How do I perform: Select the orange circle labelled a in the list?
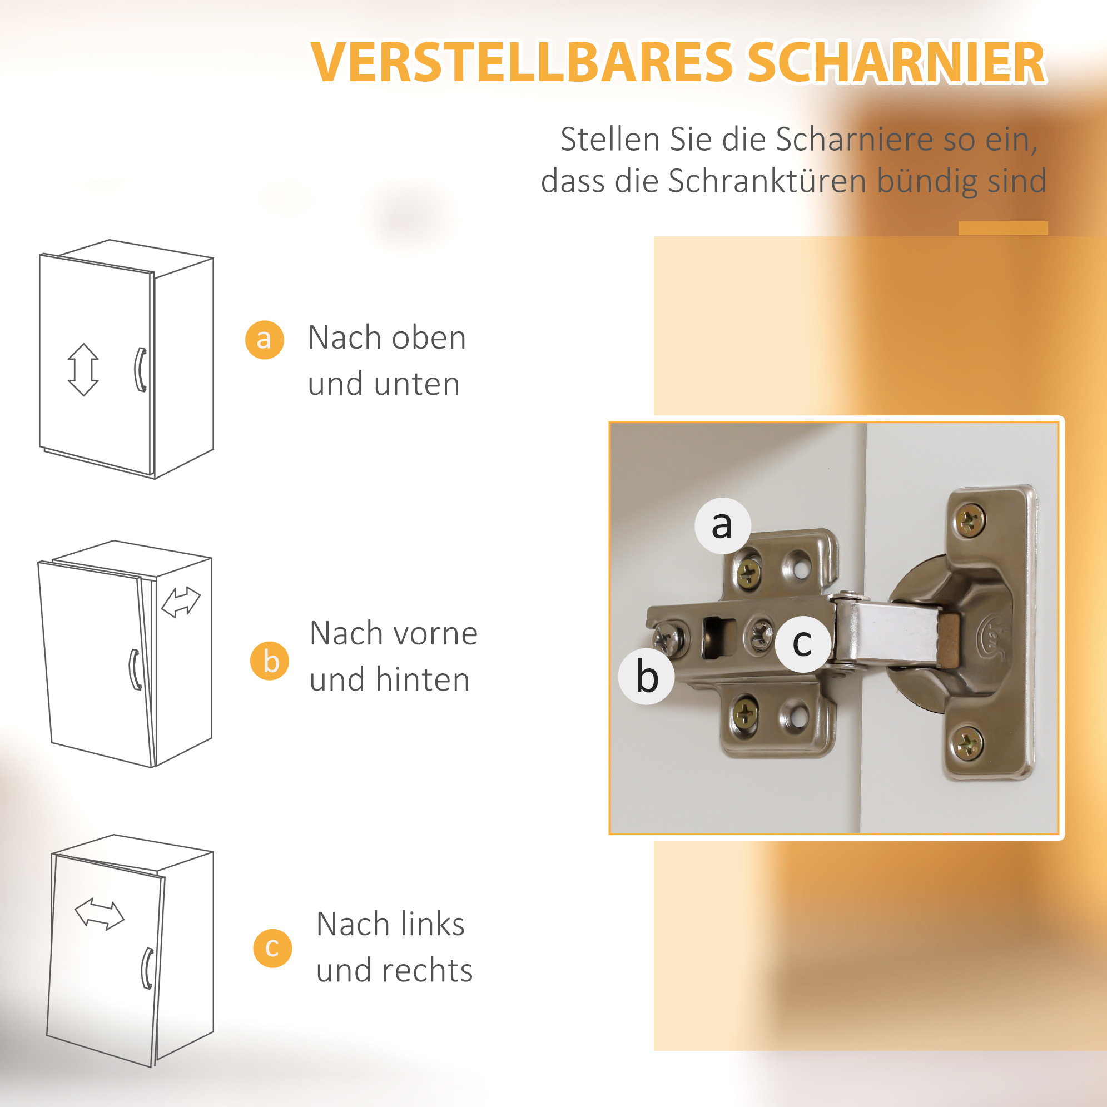[x=265, y=340]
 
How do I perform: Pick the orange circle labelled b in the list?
[x=270, y=661]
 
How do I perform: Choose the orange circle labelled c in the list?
[x=273, y=949]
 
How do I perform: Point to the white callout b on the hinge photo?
[x=646, y=677]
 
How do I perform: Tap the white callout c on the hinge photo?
[x=803, y=644]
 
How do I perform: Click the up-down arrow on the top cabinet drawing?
[x=83, y=370]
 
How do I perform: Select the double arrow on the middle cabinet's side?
[x=181, y=603]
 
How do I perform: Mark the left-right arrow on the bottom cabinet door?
[x=99, y=914]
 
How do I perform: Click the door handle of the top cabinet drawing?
[x=140, y=370]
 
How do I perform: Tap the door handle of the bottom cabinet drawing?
[x=147, y=969]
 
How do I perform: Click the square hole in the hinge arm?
[x=719, y=637]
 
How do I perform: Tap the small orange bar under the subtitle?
[x=1002, y=228]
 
